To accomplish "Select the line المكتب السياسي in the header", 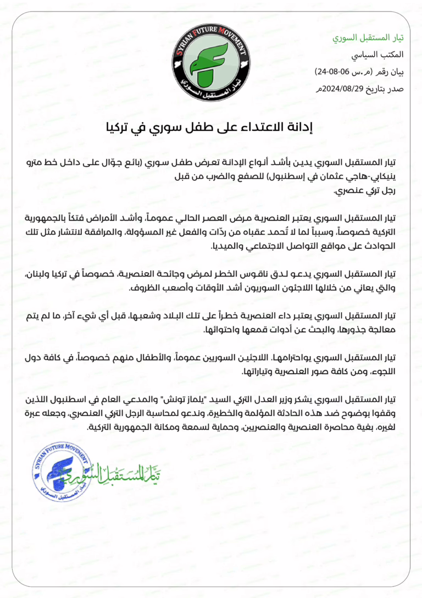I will pyautogui.click(x=383, y=55).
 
